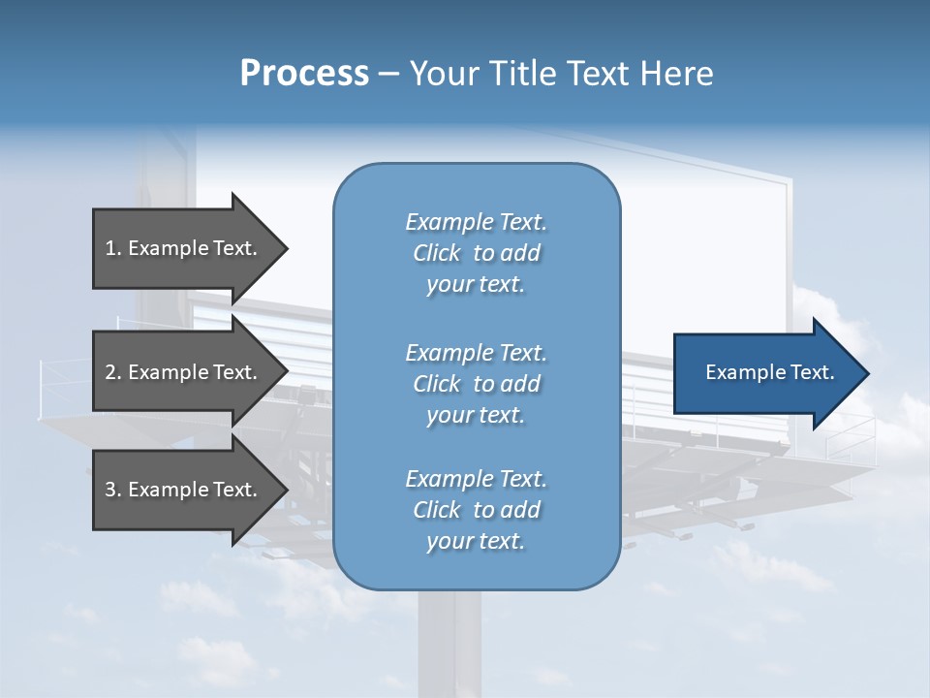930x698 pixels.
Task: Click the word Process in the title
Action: pos(304,74)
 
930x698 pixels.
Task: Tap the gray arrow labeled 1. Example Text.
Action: pos(184,248)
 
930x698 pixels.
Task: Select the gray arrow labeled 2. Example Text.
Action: pos(184,372)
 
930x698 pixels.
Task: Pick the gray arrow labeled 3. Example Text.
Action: pos(184,490)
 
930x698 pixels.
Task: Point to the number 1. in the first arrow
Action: pos(113,248)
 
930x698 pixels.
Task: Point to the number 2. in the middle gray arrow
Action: pos(113,372)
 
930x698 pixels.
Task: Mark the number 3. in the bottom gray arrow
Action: pos(113,490)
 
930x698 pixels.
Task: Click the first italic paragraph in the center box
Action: pos(476,253)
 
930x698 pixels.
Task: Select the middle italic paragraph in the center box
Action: pos(476,384)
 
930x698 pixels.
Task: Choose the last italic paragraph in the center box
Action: pos(476,510)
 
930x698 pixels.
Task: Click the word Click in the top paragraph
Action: pos(437,253)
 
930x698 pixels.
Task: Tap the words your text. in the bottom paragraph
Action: pos(476,542)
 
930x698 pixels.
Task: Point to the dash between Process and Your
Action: pos(388,74)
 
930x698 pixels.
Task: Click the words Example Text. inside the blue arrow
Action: pos(770,372)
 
